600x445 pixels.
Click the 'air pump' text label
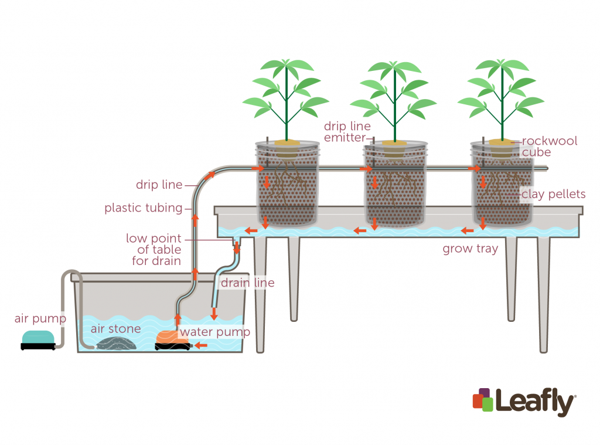[x=40, y=319]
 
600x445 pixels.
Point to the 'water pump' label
[x=214, y=332]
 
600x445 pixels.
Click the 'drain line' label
[x=247, y=283]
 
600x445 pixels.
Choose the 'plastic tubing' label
[x=144, y=208]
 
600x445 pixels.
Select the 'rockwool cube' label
[x=549, y=147]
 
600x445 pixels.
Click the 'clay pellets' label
[x=553, y=194]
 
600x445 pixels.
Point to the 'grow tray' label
[x=470, y=249]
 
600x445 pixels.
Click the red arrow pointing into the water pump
[x=201, y=345]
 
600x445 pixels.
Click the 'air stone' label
[x=115, y=328]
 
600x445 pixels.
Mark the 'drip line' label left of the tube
[x=159, y=185]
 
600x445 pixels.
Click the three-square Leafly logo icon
[x=483, y=400]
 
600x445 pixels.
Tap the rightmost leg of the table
[x=544, y=293]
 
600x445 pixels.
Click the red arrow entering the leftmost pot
[x=257, y=168]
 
